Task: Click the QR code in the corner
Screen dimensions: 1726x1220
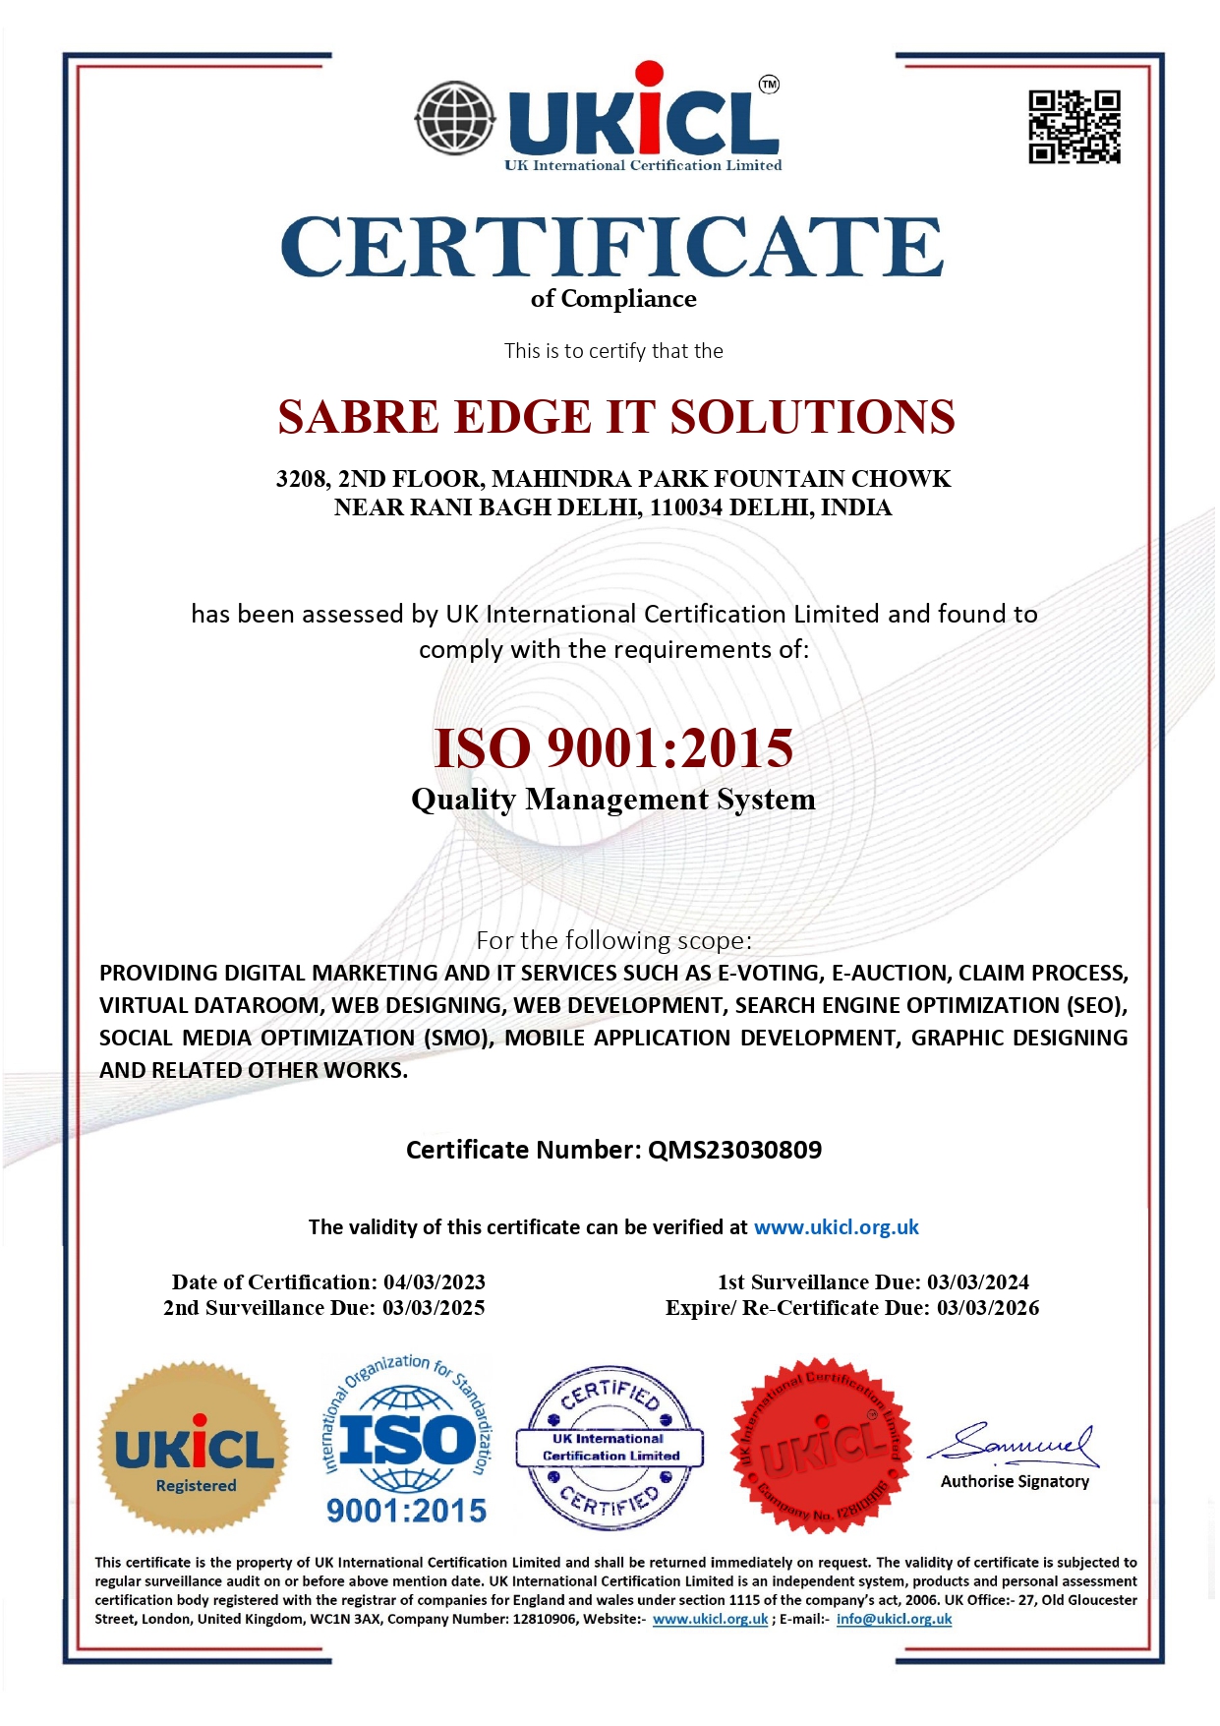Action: click(1074, 127)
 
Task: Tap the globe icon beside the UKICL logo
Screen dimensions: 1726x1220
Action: click(455, 119)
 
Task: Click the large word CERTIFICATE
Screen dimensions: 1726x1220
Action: click(611, 248)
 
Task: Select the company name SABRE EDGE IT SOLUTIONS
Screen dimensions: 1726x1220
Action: click(615, 417)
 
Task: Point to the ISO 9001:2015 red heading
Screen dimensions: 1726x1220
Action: click(613, 748)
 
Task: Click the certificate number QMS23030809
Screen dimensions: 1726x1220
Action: click(734, 1150)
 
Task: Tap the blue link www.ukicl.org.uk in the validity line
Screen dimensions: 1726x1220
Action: click(836, 1227)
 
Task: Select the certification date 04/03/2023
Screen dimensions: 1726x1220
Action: click(435, 1282)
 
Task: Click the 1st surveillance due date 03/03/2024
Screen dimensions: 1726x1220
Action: click(978, 1282)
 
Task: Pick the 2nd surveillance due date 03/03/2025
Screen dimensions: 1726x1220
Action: click(434, 1308)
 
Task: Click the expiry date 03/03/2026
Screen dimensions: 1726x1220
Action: click(988, 1308)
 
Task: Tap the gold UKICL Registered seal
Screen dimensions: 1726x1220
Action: click(195, 1448)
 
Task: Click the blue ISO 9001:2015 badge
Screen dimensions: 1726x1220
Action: click(407, 1444)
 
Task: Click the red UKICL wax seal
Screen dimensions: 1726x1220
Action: click(822, 1446)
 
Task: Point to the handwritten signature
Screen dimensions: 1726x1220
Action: click(1015, 1444)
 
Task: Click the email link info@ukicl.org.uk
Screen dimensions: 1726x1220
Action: click(894, 1619)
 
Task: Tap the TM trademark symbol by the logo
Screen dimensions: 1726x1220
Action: click(769, 85)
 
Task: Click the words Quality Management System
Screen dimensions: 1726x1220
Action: click(613, 800)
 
